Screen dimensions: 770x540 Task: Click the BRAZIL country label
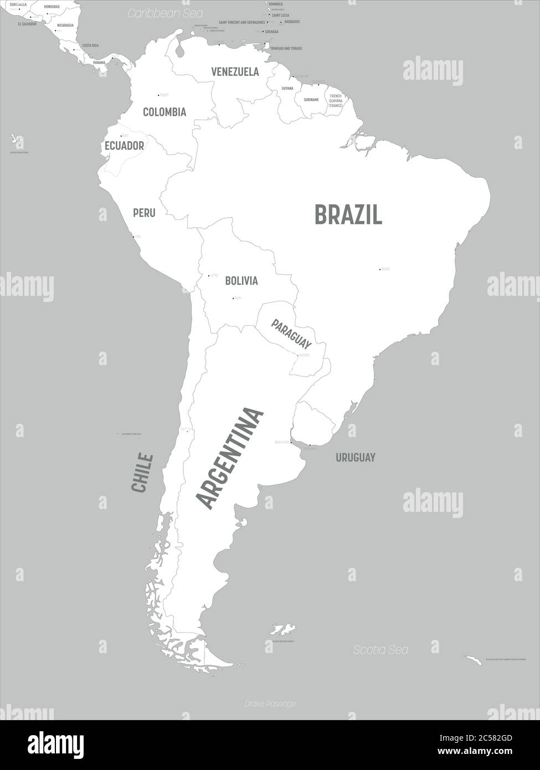[x=348, y=214]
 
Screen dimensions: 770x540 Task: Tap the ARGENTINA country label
[x=230, y=458]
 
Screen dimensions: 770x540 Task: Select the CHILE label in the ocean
[x=142, y=473]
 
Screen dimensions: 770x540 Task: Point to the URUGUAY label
[x=355, y=458]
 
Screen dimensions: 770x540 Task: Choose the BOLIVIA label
[x=241, y=281]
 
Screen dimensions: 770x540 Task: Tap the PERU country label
[x=144, y=213]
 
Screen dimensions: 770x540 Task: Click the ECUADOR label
[x=124, y=146]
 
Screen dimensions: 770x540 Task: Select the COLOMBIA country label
[x=164, y=112]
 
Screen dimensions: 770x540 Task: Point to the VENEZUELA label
[x=235, y=71]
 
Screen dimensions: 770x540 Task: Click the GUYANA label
[x=287, y=89]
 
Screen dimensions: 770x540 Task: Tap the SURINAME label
[x=311, y=100]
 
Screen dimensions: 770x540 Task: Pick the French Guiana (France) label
[x=336, y=100]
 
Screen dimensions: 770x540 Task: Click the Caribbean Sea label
[x=165, y=13]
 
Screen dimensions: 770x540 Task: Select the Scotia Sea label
[x=381, y=650]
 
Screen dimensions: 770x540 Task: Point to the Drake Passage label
[x=270, y=704]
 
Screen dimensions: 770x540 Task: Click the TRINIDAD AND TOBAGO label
[x=286, y=49]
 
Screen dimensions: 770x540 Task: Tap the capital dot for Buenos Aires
[x=291, y=442]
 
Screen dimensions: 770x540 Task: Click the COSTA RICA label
[x=90, y=45]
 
